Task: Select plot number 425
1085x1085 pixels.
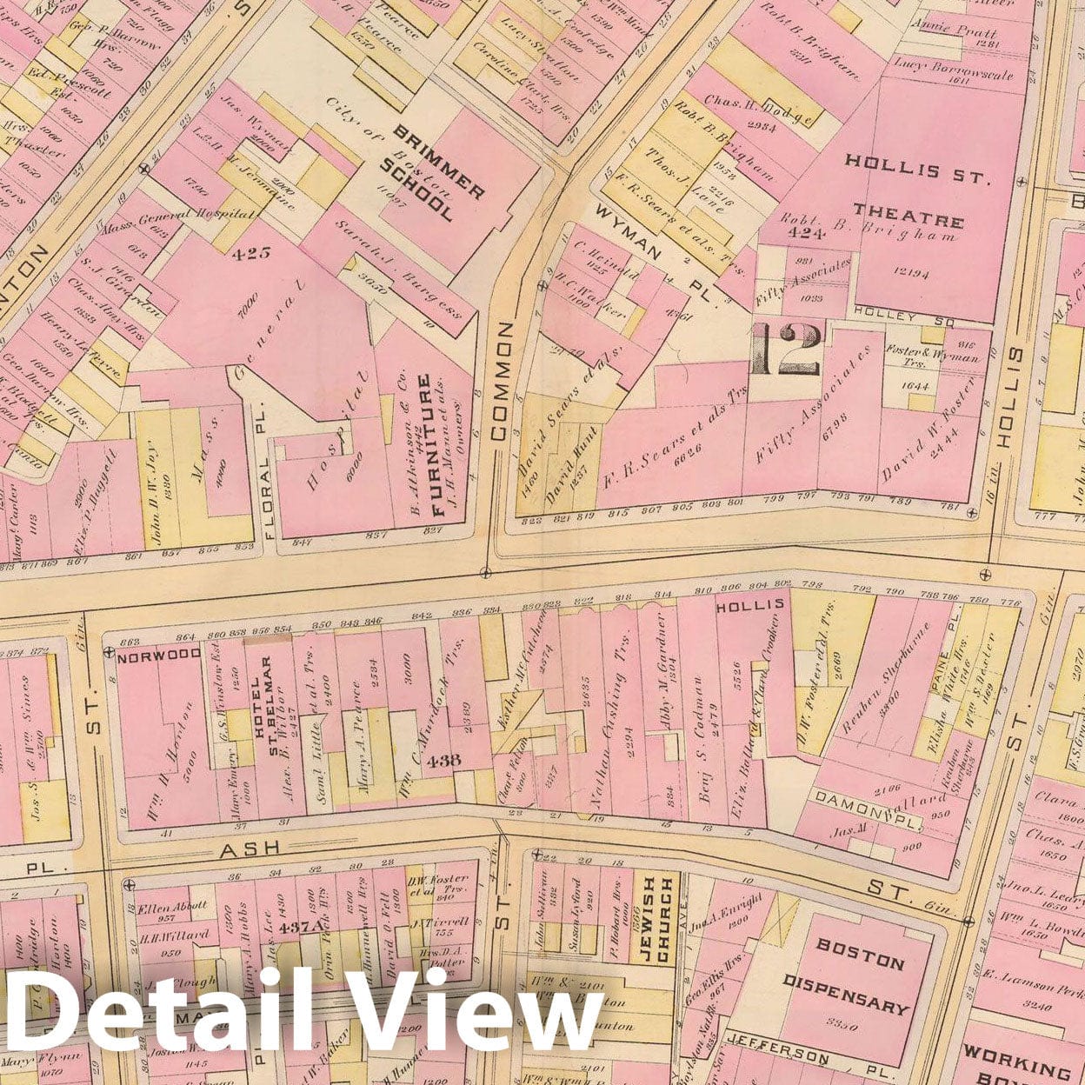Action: tap(252, 254)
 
